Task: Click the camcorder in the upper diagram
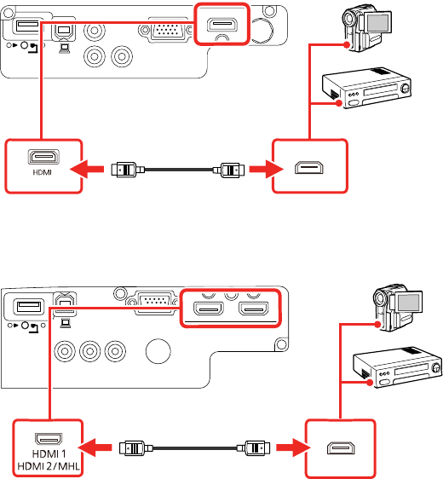pos(367,30)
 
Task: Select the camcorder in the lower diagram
pos(398,308)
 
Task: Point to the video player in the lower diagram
pos(398,367)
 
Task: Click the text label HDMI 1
pos(49,454)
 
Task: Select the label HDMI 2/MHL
pos(49,466)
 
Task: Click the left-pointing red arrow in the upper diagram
pos(87,169)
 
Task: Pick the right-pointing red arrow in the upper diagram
pos(267,169)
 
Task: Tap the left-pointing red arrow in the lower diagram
pos(95,447)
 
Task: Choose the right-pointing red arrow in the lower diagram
pos(293,447)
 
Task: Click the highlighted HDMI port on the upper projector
pos(222,25)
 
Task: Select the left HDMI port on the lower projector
pos(209,309)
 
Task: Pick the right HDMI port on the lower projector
pos(253,309)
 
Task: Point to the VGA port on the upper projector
pos(168,31)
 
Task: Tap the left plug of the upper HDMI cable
pos(127,170)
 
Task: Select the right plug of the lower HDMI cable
pos(253,448)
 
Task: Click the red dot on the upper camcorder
pos(346,45)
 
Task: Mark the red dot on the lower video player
pos(370,382)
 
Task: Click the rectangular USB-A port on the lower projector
pos(28,306)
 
